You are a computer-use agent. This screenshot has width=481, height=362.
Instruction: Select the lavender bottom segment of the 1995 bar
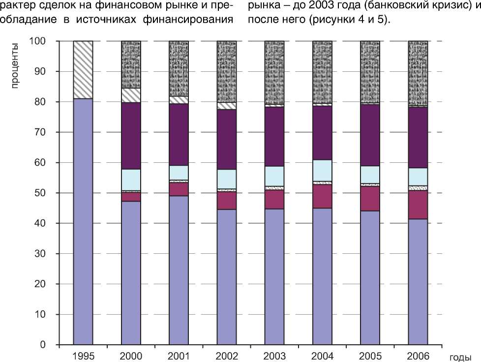(x=83, y=221)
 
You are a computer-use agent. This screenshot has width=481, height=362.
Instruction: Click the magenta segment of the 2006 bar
(x=418, y=205)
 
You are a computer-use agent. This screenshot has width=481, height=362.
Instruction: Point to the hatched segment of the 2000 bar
(x=131, y=95)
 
